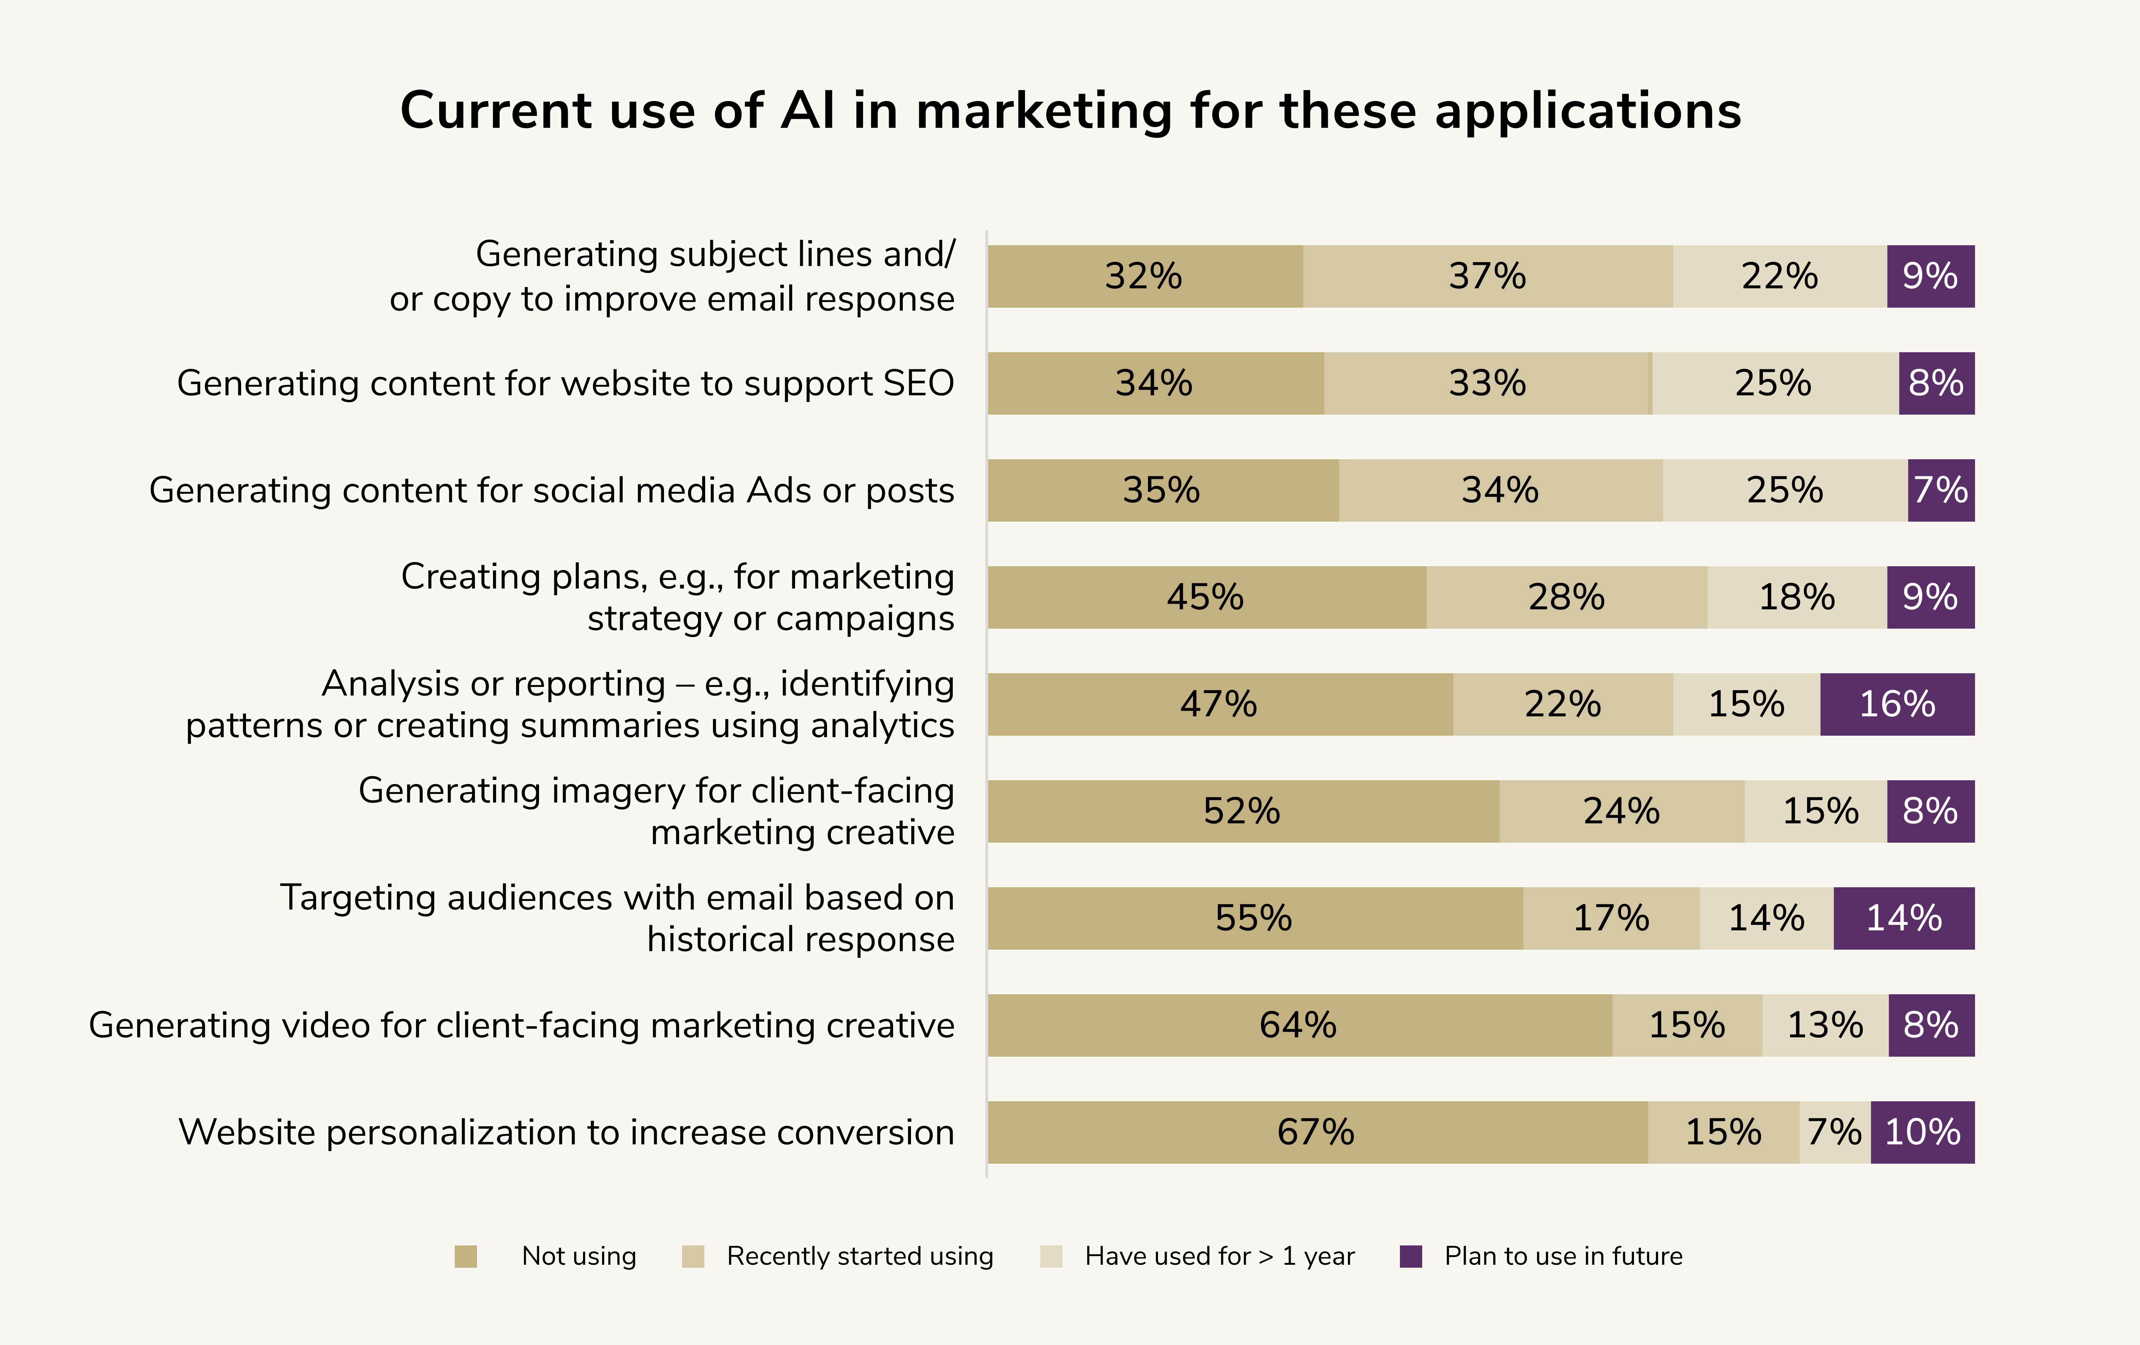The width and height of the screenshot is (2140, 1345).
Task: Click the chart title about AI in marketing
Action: [x=1070, y=111]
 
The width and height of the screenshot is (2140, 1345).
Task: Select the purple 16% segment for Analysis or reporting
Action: [x=1897, y=704]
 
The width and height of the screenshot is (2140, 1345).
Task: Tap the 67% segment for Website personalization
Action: [x=1316, y=1132]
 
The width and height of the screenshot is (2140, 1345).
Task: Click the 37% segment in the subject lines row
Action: [x=1487, y=276]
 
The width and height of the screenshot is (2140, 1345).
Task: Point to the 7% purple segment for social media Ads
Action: [x=1940, y=490]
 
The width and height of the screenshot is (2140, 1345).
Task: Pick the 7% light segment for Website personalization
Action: [x=1834, y=1132]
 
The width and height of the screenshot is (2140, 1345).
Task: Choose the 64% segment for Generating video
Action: [x=1298, y=1025]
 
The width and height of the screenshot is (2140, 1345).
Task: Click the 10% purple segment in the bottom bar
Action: [x=1922, y=1132]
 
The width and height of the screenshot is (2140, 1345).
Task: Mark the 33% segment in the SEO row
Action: [x=1487, y=383]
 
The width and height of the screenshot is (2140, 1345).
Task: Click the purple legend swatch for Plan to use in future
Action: [x=1410, y=1256]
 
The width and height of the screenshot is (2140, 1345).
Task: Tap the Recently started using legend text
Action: [x=859, y=1256]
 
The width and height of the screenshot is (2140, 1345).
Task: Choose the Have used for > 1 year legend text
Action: [x=1219, y=1256]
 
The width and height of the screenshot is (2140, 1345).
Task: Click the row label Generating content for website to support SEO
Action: [x=565, y=383]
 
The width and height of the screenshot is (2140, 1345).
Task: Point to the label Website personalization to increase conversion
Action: [x=566, y=1132]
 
